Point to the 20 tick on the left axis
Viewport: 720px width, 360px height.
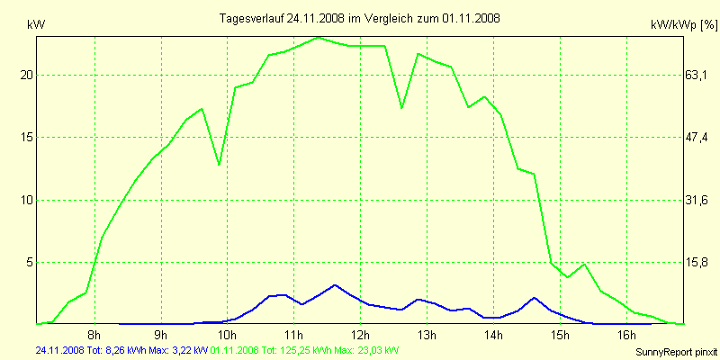[x=26, y=76]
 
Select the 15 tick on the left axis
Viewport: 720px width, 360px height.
[x=26, y=138]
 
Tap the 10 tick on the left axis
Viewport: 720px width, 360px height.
[x=26, y=200]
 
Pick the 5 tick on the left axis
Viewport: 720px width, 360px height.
[x=29, y=262]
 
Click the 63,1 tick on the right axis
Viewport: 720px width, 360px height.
[x=697, y=76]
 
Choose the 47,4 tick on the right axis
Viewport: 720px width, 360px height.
[x=697, y=138]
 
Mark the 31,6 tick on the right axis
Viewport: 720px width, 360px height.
[x=697, y=200]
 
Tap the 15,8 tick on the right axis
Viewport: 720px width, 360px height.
[x=697, y=262]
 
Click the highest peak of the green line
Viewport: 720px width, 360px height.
[x=319, y=38]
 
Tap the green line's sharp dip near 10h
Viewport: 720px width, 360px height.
[x=219, y=165]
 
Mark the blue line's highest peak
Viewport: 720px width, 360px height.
[x=335, y=284]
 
